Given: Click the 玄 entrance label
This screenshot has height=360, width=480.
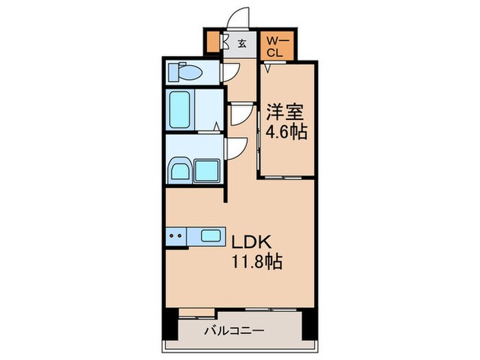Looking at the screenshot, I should point(242,43).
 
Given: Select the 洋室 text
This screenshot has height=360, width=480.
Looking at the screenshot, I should point(283,112).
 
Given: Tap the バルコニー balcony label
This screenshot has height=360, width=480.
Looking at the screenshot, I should point(235,331).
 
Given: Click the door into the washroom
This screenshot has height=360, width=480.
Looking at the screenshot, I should point(237,148).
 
